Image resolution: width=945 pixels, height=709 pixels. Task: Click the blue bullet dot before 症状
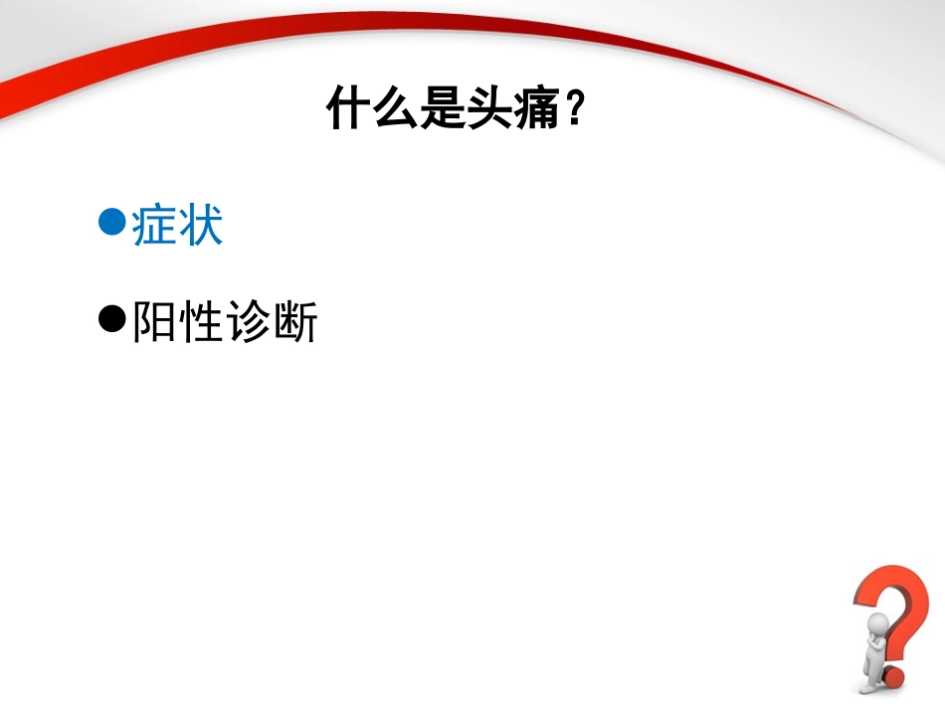pyautogui.click(x=112, y=220)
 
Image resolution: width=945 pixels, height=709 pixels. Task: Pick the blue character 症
pyautogui.click(x=154, y=225)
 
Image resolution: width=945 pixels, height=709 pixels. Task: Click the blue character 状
pyautogui.click(x=200, y=225)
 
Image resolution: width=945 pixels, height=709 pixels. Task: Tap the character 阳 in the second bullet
pyautogui.click(x=154, y=323)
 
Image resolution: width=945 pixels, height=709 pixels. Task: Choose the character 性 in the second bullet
pyautogui.click(x=200, y=323)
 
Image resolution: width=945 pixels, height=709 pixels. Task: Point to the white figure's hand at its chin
pyautogui.click(x=871, y=636)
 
